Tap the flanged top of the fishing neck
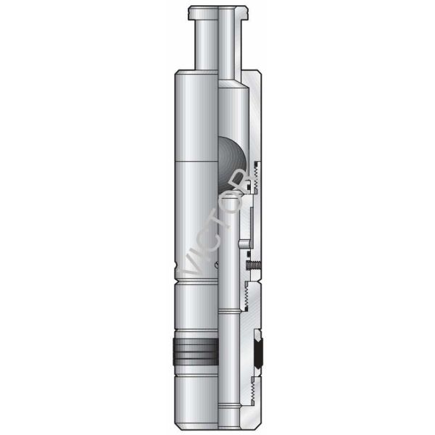coord(217,12)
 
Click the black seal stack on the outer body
coord(195,351)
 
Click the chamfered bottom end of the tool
coord(217,420)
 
